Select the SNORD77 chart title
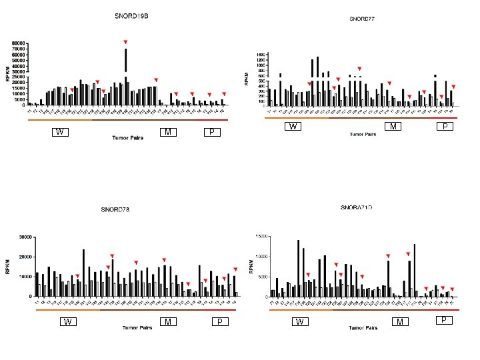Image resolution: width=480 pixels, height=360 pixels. (362, 19)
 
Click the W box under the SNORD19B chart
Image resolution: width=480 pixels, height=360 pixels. (60, 132)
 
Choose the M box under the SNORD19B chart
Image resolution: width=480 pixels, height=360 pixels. (168, 132)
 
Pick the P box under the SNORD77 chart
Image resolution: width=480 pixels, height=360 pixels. (443, 127)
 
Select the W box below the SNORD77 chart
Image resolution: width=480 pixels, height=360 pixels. (293, 127)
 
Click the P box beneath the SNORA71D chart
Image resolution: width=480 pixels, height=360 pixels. (443, 320)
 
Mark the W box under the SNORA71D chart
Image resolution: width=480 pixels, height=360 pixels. (300, 323)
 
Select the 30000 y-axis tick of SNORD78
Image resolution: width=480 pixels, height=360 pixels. (25, 237)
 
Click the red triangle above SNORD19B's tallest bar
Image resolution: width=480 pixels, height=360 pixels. (125, 42)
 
